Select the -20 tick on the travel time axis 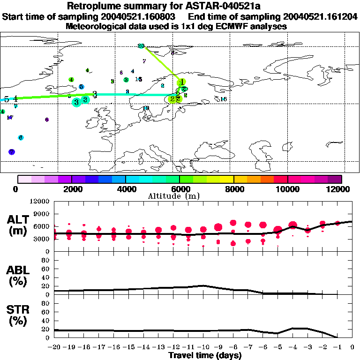click(x=54, y=347)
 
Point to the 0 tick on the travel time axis click(x=352, y=347)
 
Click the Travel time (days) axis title click(x=205, y=356)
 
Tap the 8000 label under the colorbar click(x=233, y=189)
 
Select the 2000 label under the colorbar click(x=72, y=189)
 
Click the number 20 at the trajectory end click(x=141, y=46)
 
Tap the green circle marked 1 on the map click(x=181, y=82)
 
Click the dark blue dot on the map click(x=12, y=152)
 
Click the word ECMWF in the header click(x=231, y=26)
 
